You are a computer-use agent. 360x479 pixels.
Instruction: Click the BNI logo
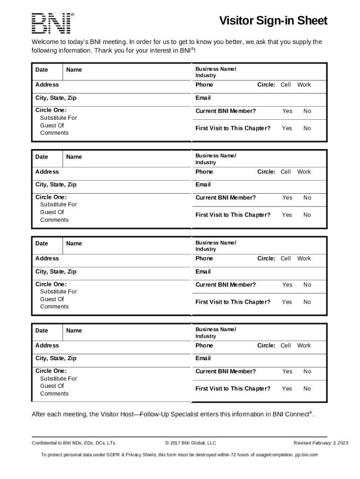[x=51, y=23]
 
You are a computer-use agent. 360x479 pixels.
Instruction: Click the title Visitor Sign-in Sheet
[x=274, y=21]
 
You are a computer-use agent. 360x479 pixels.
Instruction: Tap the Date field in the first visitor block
[x=42, y=70]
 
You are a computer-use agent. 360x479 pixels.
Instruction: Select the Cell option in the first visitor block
[x=286, y=85]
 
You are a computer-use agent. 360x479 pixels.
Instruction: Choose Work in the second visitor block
[x=304, y=172]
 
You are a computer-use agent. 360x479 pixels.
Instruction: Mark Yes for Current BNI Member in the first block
[x=287, y=111]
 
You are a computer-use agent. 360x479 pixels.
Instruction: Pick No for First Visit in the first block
[x=307, y=128]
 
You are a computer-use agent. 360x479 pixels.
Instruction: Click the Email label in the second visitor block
[x=203, y=184]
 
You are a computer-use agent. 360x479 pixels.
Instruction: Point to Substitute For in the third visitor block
[x=58, y=291]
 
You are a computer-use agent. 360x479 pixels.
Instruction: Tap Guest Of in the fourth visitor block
[x=52, y=386]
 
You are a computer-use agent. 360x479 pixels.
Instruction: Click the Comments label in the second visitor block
[x=54, y=220]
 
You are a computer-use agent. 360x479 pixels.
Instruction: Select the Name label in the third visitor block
[x=74, y=243]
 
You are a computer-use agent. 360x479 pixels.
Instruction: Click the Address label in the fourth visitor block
[x=47, y=345]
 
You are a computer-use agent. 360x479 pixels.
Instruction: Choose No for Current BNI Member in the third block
[x=307, y=284]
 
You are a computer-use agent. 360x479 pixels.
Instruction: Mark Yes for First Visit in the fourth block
[x=287, y=389]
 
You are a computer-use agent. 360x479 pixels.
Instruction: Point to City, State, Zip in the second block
[x=56, y=184]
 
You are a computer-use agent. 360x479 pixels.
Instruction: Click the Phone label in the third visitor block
[x=204, y=258]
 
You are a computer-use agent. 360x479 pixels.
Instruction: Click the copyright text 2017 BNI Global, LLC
[x=190, y=443]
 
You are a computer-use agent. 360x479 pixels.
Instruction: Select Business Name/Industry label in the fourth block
[x=216, y=333]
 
